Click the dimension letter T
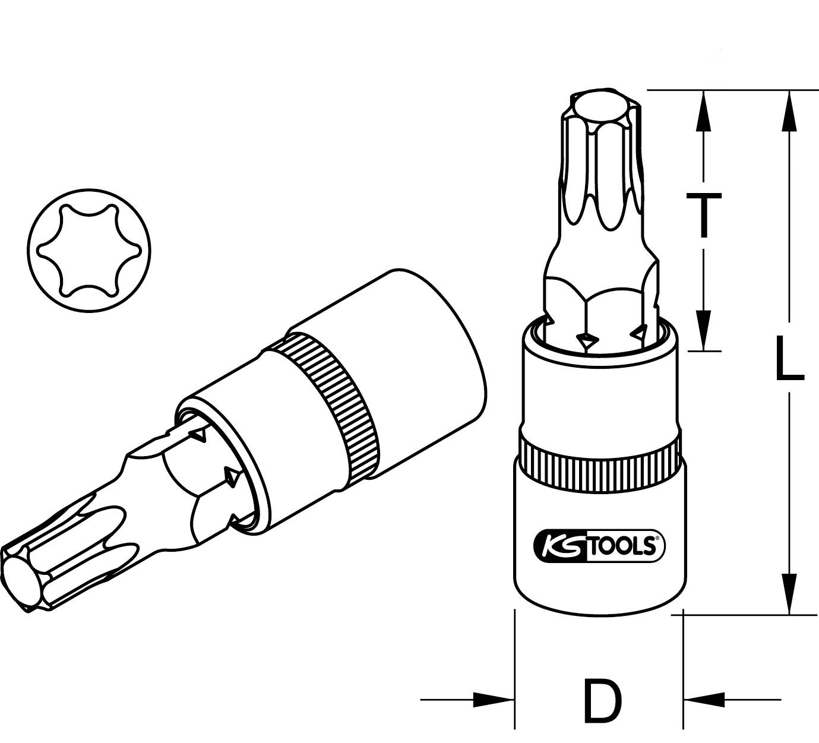click(x=704, y=214)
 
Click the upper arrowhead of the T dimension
click(x=704, y=110)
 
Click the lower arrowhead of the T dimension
click(x=704, y=330)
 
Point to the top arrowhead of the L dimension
click(x=790, y=110)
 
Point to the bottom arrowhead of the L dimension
click(x=790, y=594)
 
